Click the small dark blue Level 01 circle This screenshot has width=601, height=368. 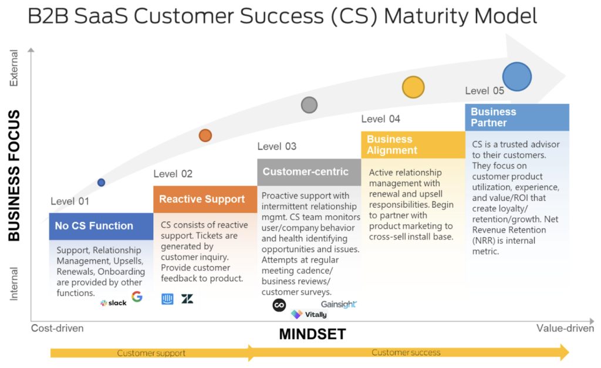point(101,183)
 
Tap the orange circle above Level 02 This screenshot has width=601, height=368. point(205,136)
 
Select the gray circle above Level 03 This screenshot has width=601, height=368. point(309,105)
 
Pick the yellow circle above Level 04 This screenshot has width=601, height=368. point(413,87)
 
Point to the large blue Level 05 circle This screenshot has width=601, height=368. point(517,77)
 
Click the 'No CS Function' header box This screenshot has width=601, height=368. point(101,226)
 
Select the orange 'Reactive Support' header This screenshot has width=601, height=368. point(205,200)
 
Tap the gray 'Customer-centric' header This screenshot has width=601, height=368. point(309,172)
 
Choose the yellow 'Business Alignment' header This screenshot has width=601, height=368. point(413,145)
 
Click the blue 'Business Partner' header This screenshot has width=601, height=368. point(517,117)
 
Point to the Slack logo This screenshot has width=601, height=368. point(113,303)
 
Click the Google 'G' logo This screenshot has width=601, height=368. point(137,296)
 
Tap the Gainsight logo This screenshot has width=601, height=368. point(339,304)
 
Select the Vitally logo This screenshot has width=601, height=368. point(309,315)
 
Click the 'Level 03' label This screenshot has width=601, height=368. point(277,146)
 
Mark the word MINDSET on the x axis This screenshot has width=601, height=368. point(312,335)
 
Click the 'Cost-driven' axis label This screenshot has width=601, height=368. point(58,329)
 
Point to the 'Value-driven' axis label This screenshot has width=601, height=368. point(565,328)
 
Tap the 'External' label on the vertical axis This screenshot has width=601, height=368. point(14,68)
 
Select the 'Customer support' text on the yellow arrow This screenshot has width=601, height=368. point(151,353)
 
